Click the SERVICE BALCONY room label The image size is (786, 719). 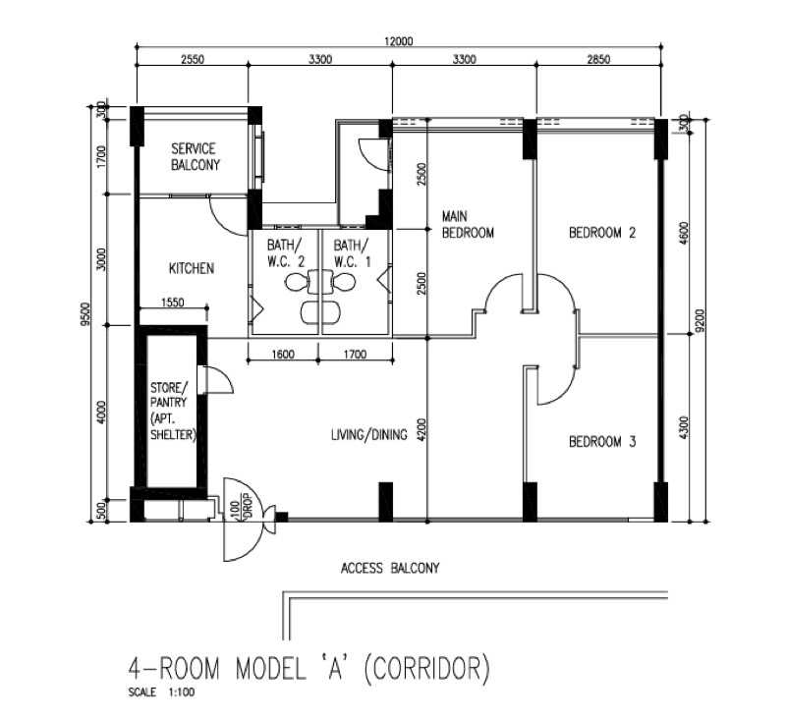tap(196, 157)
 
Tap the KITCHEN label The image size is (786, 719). tap(192, 268)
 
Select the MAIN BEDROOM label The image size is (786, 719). tap(468, 225)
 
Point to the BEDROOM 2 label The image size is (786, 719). tap(602, 233)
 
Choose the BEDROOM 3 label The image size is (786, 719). tap(602, 441)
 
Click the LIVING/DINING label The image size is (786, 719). tap(369, 434)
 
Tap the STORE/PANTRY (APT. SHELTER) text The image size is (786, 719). tap(171, 411)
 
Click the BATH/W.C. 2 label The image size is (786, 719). tap(285, 253)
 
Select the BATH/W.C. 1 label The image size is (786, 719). tap(352, 253)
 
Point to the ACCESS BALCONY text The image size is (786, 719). tap(390, 568)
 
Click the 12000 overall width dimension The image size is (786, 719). tap(399, 41)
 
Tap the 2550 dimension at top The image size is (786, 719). tap(193, 59)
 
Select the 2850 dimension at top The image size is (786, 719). tap(598, 59)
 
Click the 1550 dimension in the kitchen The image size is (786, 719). tap(173, 303)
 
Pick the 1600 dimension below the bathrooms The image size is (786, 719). tap(283, 355)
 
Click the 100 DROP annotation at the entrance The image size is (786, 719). tap(242, 510)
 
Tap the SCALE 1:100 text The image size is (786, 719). tap(161, 692)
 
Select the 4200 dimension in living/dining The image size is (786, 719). tap(421, 429)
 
